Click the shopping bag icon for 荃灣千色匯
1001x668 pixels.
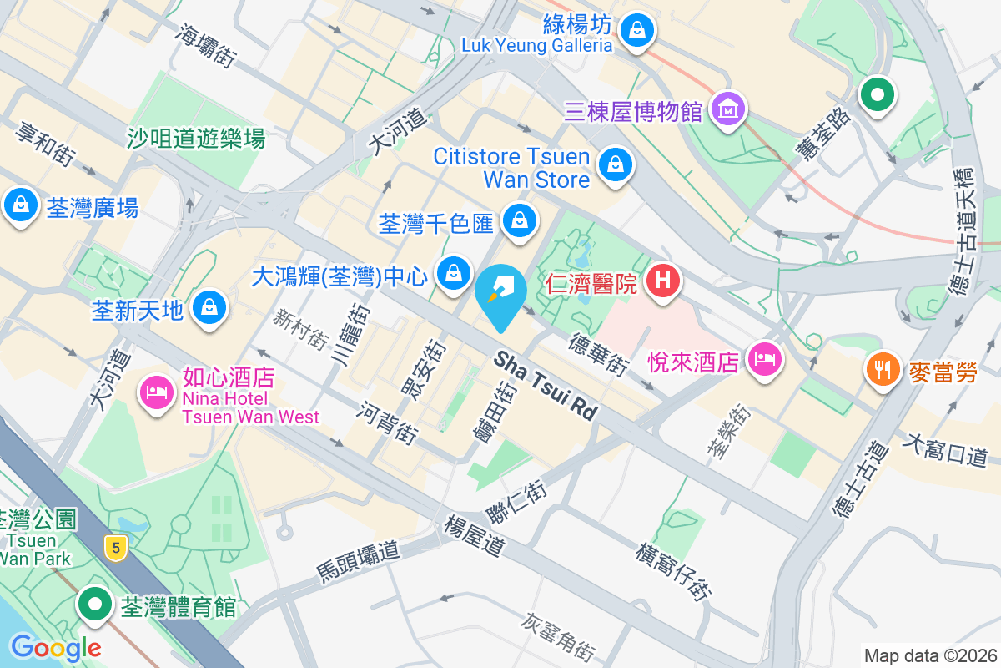click(519, 220)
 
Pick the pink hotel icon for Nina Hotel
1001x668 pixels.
click(156, 390)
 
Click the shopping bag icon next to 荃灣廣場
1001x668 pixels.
click(19, 205)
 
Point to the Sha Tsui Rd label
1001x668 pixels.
click(547, 385)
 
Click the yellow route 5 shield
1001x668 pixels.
click(116, 549)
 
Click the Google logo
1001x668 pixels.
click(55, 647)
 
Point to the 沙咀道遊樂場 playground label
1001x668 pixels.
click(197, 138)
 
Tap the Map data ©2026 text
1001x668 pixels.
click(930, 655)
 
